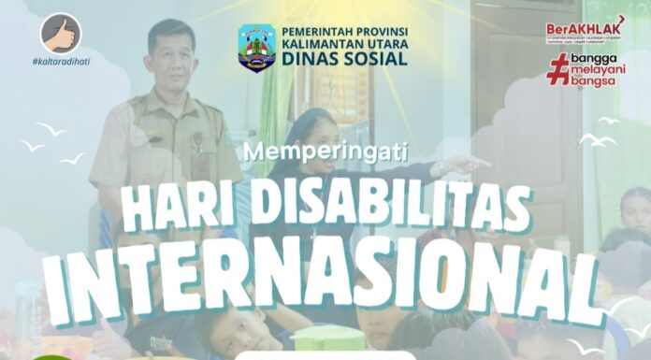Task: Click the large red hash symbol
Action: [x=558, y=68]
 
